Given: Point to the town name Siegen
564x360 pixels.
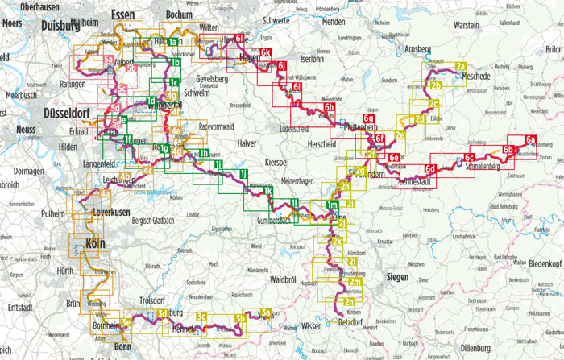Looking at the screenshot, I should (x=397, y=277).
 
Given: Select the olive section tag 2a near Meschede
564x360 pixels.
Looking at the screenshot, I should (x=460, y=66).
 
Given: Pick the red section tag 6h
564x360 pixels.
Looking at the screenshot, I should (x=329, y=107).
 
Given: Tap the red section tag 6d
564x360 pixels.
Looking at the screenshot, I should (x=430, y=168).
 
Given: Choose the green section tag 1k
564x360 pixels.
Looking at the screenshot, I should (x=267, y=190).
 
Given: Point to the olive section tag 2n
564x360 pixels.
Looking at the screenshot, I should (x=350, y=301).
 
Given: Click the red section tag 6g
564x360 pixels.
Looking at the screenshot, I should (x=368, y=118).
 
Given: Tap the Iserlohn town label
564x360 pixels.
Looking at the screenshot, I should (x=311, y=60).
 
